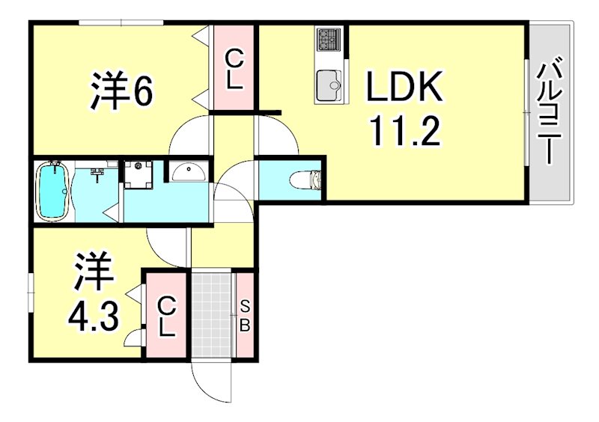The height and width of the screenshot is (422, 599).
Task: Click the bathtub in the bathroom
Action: pyautogui.click(x=53, y=192)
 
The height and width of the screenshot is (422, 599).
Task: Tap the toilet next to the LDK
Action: pyautogui.click(x=305, y=180)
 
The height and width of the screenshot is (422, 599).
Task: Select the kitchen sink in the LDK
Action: pyautogui.click(x=328, y=84)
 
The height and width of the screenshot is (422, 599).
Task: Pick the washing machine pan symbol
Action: pyautogui.click(x=138, y=174)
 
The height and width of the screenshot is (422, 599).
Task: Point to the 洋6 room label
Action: pyautogui.click(x=122, y=91)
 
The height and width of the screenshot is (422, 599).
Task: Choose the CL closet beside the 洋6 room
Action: pyautogui.click(x=234, y=70)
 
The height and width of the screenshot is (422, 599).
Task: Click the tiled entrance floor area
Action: pyautogui.click(x=213, y=315)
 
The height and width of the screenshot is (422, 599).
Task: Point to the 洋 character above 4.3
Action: pyautogui.click(x=93, y=275)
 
